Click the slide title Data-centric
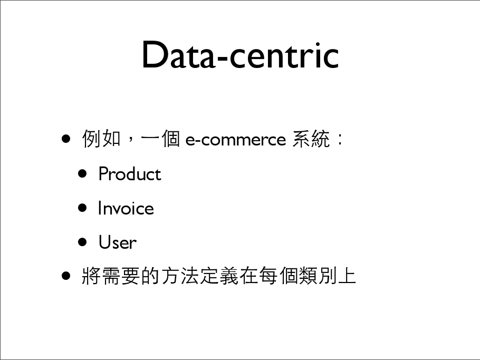coord(241,55)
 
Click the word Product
coord(130,174)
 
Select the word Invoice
coord(126,208)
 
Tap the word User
coord(118,242)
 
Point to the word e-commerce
coord(236,140)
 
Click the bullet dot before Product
coord(82,174)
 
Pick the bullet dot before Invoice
coord(82,208)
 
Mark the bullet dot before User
coord(82,242)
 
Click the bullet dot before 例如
coord(66,139)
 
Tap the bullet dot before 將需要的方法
coord(66,276)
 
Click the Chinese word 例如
coord(101,139)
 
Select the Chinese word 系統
coord(311,139)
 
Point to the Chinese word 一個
coord(160,139)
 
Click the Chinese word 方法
coord(180,276)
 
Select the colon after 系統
coord(340,139)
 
